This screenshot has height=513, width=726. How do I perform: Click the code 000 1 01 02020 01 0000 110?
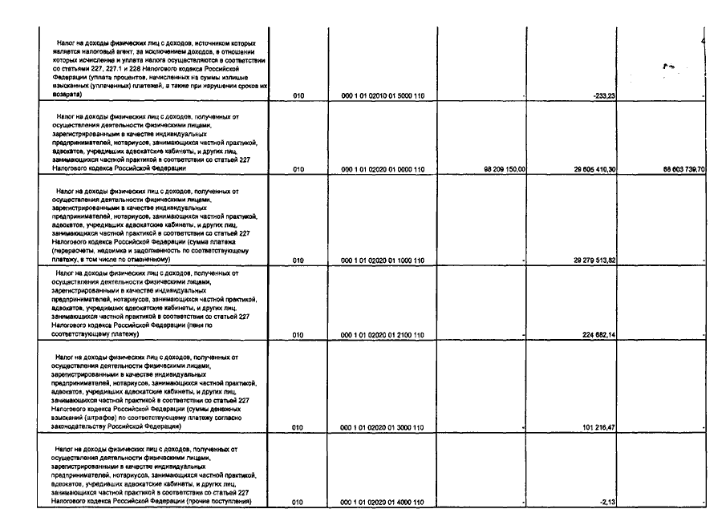coord(383,170)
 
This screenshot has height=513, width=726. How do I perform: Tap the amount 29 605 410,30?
coord(594,170)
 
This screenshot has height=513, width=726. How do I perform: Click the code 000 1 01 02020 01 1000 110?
coord(383,261)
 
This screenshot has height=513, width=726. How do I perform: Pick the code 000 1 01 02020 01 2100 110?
coord(383,336)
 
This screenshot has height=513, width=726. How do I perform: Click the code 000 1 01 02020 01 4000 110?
coord(383,503)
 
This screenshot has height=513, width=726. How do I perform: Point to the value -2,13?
coord(606,503)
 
